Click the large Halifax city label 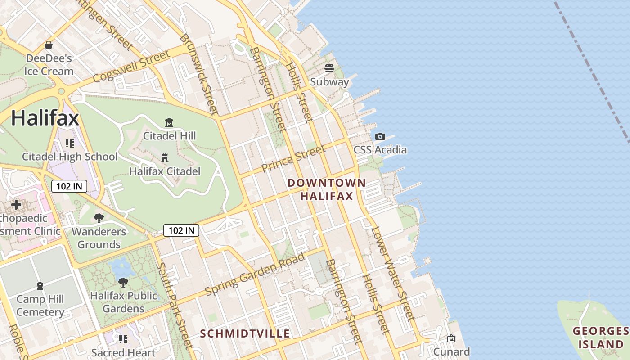[45, 118]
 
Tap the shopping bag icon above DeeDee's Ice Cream [49, 45]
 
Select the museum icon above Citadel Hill [169, 122]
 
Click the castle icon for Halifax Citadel [165, 158]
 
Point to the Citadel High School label [70, 157]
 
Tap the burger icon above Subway [329, 68]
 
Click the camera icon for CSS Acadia [380, 136]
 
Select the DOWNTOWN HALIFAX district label [327, 189]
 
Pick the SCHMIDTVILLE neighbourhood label [245, 333]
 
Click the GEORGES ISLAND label [601, 338]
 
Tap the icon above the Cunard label [451, 338]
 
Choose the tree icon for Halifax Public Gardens [123, 283]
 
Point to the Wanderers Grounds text [99, 238]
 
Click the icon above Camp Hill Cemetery [40, 286]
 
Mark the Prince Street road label [293, 159]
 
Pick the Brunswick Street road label [199, 74]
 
